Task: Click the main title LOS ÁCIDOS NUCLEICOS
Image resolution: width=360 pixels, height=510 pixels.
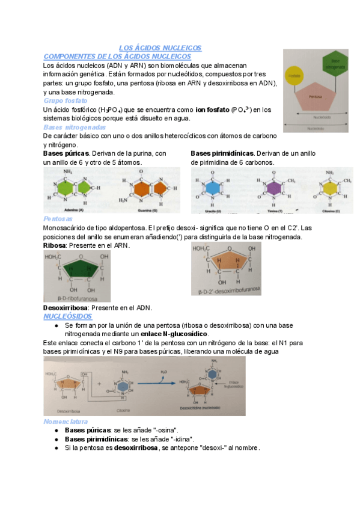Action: click(159, 48)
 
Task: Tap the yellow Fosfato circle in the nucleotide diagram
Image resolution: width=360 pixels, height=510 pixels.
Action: click(294, 76)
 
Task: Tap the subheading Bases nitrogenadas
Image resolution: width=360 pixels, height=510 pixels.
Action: click(75, 127)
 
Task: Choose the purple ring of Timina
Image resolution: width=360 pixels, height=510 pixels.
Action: click(274, 188)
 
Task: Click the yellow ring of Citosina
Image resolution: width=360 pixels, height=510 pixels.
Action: click(330, 188)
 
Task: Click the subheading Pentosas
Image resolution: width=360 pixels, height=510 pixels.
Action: click(58, 219)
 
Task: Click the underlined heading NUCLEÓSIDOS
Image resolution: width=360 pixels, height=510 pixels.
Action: click(67, 316)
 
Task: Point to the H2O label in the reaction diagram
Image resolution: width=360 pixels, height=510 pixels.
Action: click(164, 372)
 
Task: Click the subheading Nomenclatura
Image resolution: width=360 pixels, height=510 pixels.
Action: click(66, 422)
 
